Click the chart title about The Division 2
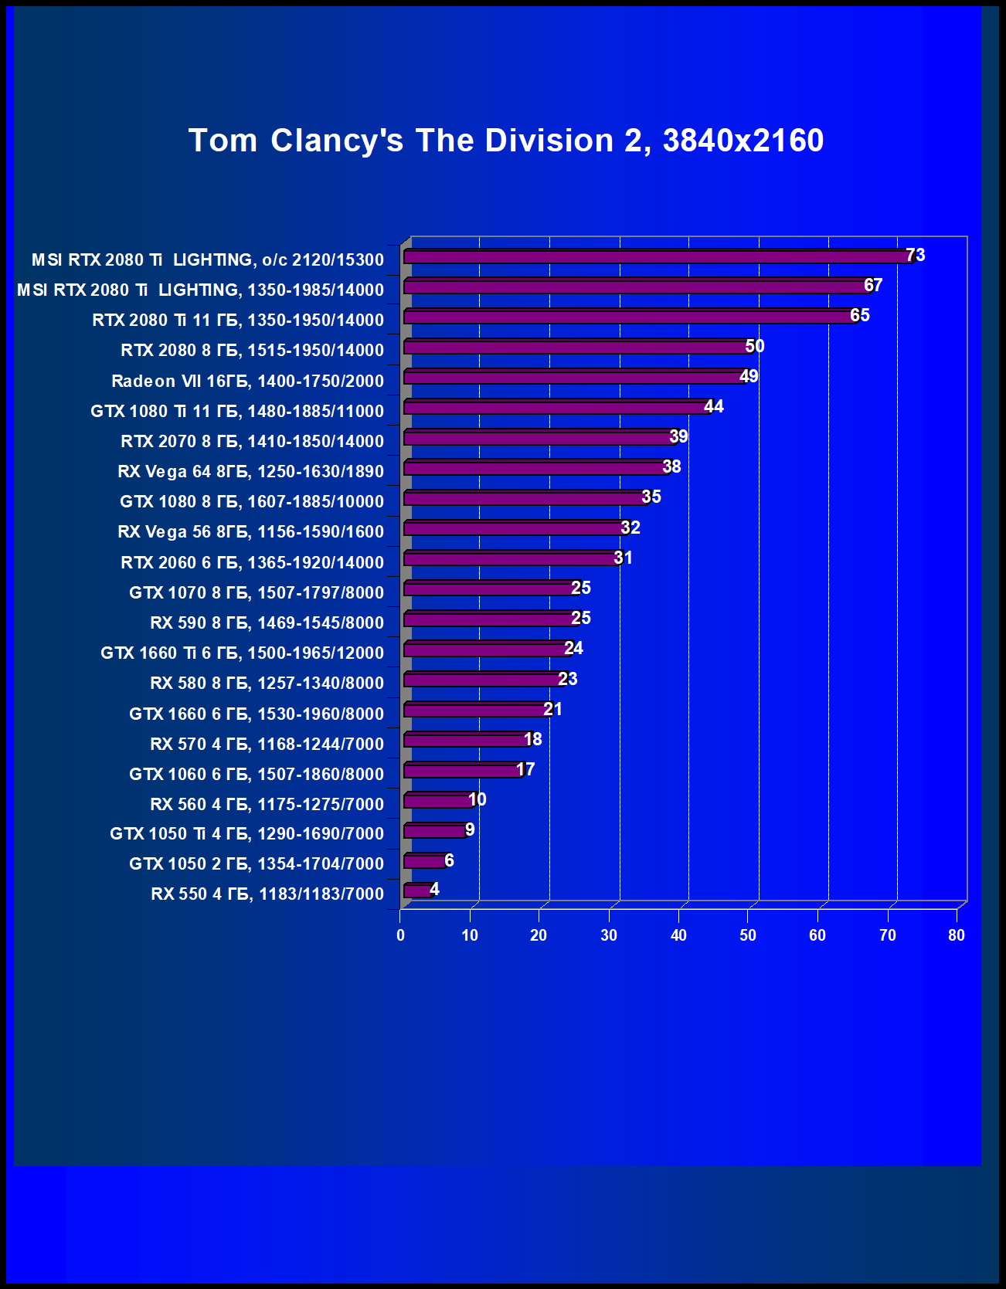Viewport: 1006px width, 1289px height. click(x=506, y=141)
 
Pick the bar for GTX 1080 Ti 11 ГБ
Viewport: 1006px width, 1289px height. click(x=556, y=407)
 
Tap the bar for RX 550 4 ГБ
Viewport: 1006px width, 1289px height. click(x=418, y=891)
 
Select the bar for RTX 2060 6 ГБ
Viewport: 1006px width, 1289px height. click(x=510, y=558)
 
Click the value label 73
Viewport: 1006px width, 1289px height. click(x=915, y=255)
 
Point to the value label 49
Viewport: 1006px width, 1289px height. click(x=749, y=376)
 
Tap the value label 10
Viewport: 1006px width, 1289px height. click(x=478, y=799)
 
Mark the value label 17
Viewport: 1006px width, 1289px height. click(x=525, y=769)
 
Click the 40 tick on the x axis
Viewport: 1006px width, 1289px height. click(x=678, y=935)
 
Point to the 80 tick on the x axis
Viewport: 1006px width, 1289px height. click(x=957, y=935)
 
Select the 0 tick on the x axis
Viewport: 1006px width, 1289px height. click(x=400, y=935)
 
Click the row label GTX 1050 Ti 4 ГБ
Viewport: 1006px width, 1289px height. click(x=246, y=833)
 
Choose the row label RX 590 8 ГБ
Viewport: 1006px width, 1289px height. click(x=267, y=622)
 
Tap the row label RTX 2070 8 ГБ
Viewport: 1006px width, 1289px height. click(x=252, y=441)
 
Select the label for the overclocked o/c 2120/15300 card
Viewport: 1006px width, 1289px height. click(x=207, y=259)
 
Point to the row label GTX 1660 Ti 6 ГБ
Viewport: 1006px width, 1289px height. click(x=242, y=653)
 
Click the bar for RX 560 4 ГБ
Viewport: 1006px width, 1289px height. click(x=437, y=801)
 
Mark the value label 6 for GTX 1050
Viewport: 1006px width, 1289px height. click(x=449, y=860)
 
